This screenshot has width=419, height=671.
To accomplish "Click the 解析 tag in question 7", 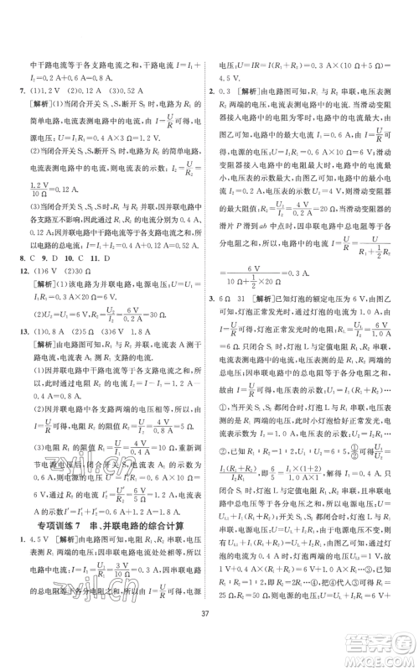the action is coord(46,105).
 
